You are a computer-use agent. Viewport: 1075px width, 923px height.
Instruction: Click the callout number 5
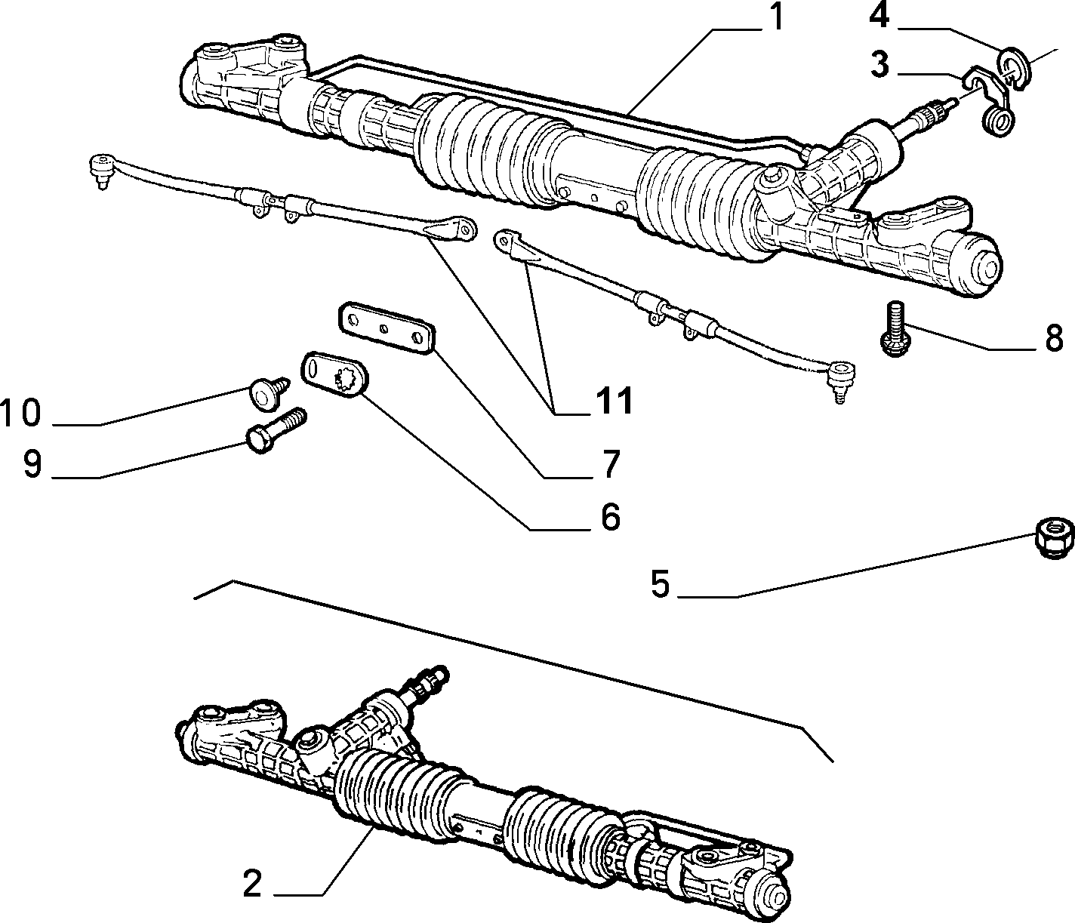660,584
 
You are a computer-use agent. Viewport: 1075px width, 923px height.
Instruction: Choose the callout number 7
610,463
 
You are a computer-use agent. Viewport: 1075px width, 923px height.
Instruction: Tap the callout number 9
32,463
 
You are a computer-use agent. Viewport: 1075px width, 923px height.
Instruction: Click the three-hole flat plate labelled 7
387,328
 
